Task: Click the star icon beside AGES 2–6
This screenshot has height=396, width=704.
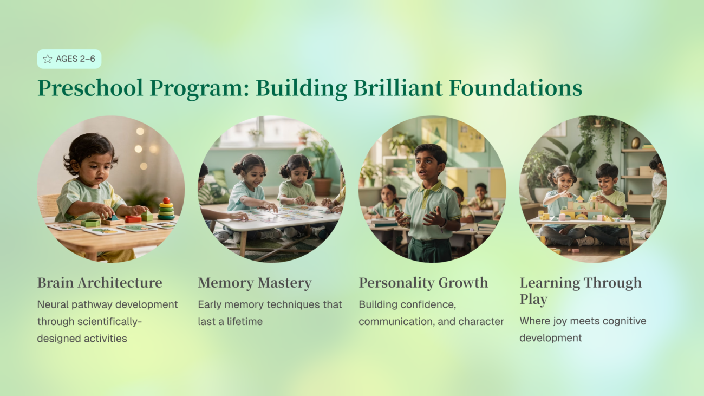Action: [48, 59]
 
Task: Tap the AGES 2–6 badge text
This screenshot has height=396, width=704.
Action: [75, 59]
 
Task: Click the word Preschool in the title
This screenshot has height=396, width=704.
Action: [90, 88]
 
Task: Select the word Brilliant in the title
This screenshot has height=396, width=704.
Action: [398, 88]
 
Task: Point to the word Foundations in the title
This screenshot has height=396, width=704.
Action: [516, 88]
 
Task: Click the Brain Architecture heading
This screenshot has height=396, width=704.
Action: [100, 283]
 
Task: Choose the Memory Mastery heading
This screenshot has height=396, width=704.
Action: [255, 283]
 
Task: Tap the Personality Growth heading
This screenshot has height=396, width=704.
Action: [423, 283]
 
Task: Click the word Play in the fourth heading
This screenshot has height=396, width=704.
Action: [533, 299]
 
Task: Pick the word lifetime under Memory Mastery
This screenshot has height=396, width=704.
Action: [245, 322]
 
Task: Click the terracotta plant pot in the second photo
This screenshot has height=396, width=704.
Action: [322, 187]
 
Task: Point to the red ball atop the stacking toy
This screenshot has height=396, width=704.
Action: [167, 200]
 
